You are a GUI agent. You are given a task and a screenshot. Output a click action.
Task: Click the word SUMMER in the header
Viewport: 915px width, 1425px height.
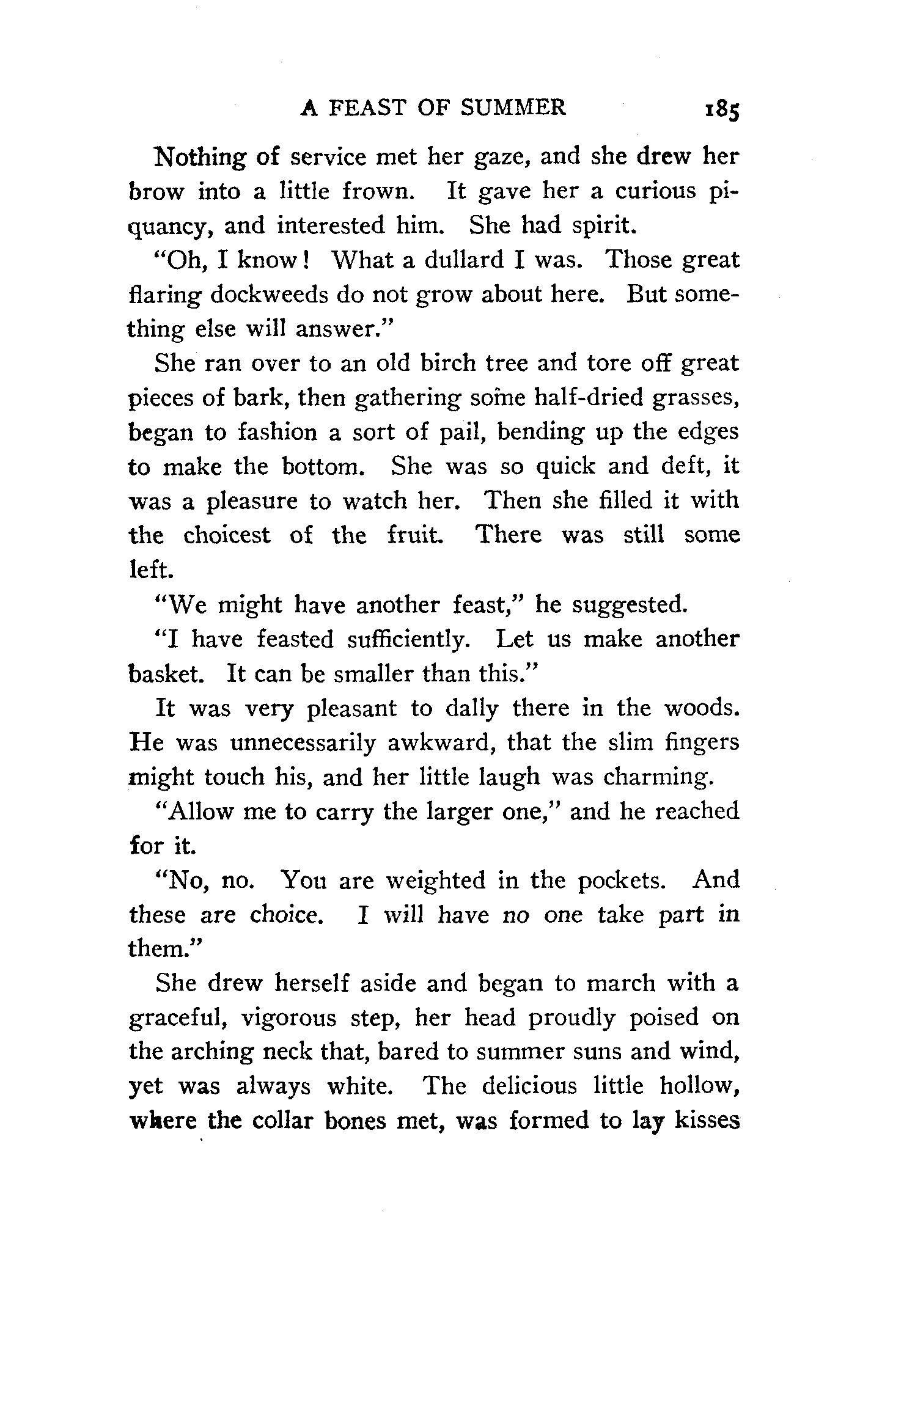[513, 108]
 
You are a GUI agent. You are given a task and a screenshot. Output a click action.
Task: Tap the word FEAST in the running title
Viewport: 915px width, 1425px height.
[367, 108]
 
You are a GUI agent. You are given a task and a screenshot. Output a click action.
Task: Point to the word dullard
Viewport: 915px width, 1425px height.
[464, 260]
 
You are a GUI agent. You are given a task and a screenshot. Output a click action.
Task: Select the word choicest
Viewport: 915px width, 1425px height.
[226, 535]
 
